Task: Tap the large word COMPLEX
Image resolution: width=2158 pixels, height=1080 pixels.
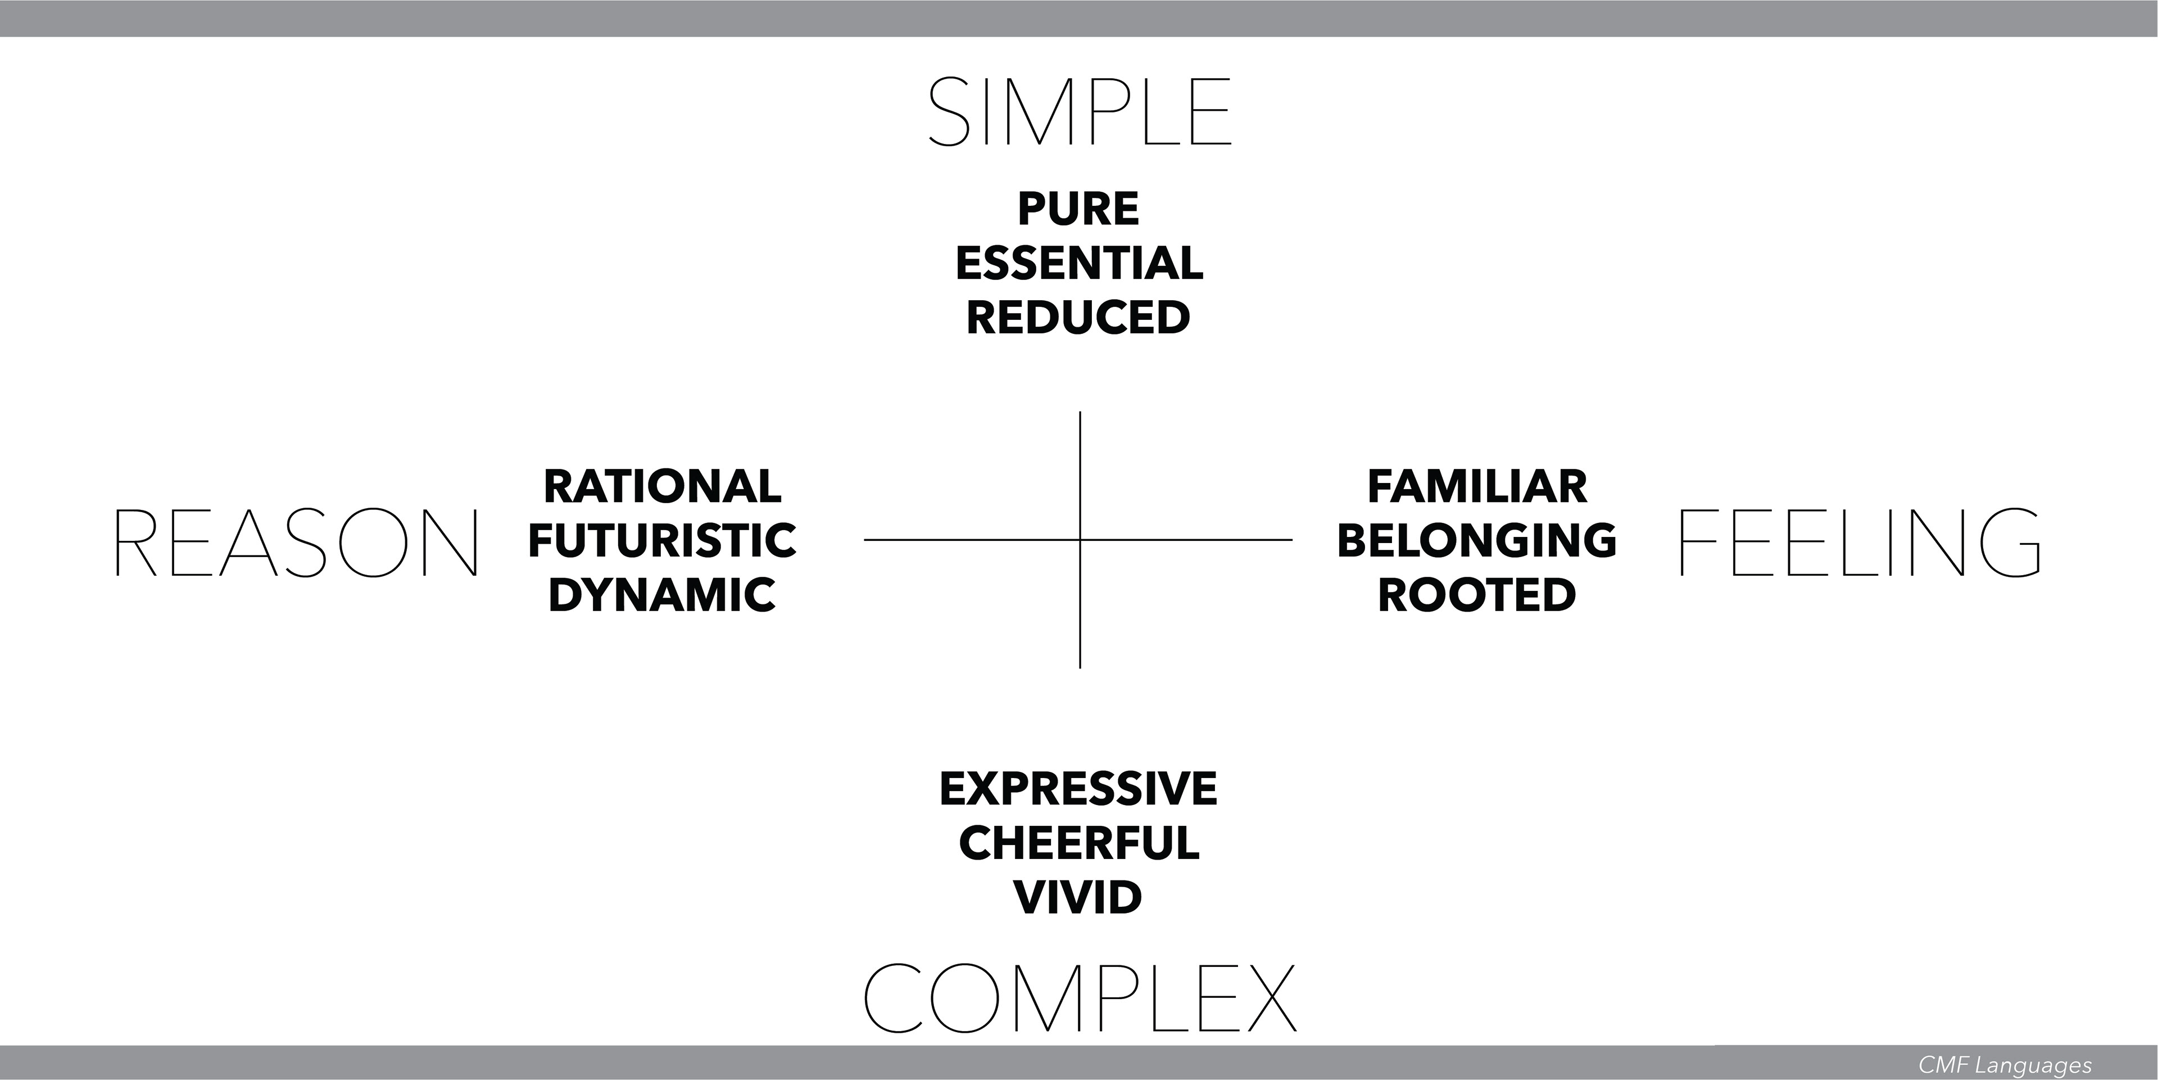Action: tap(1079, 997)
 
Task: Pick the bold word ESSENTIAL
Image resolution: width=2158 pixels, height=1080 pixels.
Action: tap(1079, 263)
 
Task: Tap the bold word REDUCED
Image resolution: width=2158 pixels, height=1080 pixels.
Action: tap(1078, 318)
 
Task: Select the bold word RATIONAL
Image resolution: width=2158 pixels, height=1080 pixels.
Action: tap(662, 487)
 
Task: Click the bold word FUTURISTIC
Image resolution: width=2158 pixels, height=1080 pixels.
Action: tap(662, 540)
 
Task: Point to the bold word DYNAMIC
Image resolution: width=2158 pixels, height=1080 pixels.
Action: tap(662, 595)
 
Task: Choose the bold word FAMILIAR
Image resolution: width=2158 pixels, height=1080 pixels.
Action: tap(1477, 487)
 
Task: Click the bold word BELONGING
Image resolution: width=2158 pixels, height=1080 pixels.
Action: tap(1477, 540)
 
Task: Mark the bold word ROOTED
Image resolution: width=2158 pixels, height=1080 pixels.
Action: tap(1477, 595)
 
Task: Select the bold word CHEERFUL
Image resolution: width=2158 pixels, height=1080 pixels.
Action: tap(1078, 843)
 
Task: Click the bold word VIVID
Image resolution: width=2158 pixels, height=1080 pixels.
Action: tap(1078, 897)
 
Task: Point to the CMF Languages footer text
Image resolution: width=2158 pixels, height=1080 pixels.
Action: tap(2005, 1065)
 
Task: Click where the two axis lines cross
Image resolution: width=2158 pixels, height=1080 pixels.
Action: tap(1080, 540)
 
